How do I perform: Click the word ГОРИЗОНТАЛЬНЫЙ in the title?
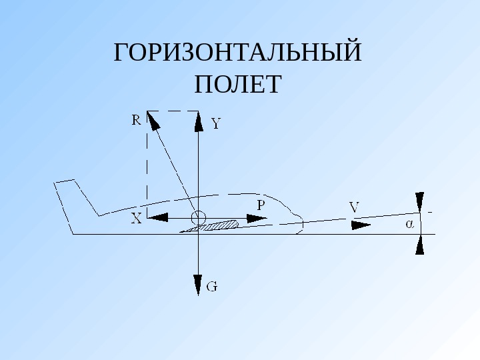click(238, 53)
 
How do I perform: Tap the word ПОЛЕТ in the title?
click(238, 85)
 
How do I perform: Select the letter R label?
click(136, 120)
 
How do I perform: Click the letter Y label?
click(216, 123)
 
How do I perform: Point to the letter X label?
click(136, 219)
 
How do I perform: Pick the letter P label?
click(261, 203)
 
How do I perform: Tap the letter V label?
click(354, 208)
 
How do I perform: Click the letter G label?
click(211, 287)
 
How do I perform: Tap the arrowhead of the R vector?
click(153, 120)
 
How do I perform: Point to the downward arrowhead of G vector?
click(199, 285)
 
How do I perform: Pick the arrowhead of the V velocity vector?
click(361, 225)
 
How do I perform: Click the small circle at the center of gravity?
click(199, 217)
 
